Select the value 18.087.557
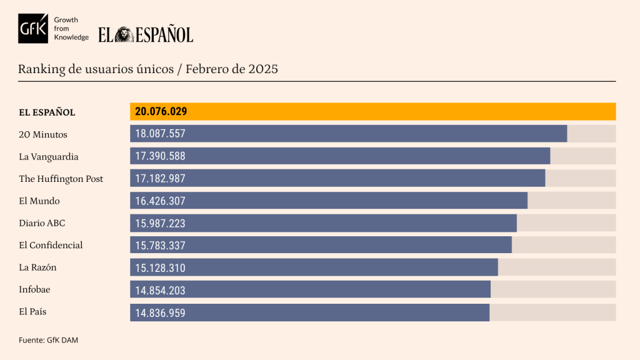click(x=160, y=134)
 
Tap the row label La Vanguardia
click(x=49, y=156)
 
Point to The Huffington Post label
click(x=61, y=179)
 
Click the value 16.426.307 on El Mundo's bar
click(x=160, y=201)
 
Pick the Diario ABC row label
click(x=42, y=223)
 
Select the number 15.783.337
click(x=160, y=246)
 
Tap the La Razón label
click(x=38, y=267)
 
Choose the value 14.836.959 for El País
click(x=160, y=312)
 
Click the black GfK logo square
click(x=33, y=28)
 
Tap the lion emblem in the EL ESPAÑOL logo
click(x=124, y=34)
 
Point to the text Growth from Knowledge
click(x=71, y=29)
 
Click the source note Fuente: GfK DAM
click(x=48, y=340)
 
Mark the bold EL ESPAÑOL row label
click(x=47, y=112)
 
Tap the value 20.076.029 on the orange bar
click(x=161, y=112)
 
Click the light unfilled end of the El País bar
click(x=552, y=312)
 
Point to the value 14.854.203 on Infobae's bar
click(x=160, y=290)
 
